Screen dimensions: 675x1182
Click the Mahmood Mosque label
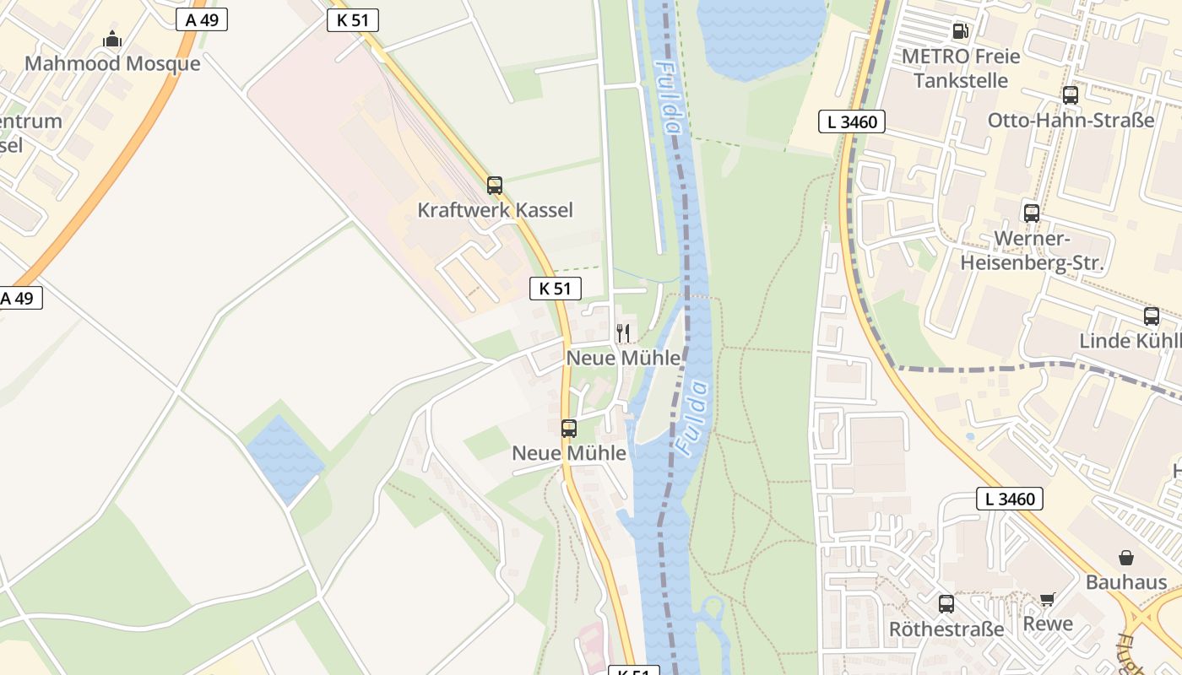112,64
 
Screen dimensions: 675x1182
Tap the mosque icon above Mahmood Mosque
112,39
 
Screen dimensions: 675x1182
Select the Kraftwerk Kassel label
495,210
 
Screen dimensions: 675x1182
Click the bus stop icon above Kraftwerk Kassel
495,186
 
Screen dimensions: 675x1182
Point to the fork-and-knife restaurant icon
623,332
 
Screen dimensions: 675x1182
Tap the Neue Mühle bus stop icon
569,429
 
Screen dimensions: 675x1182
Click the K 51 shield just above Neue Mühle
556,289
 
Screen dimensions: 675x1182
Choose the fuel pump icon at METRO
960,32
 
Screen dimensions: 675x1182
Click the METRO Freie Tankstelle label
961,68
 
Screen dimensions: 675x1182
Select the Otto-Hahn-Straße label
1071,120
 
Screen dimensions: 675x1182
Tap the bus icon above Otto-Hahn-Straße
1071,95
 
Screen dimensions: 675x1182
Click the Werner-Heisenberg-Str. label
1032,251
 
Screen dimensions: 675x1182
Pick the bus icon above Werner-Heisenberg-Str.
1032,213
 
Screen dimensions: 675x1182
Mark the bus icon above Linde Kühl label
1152,316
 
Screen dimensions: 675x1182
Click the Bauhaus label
1126,582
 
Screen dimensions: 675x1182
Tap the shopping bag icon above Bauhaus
1126,558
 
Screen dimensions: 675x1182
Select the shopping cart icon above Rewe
1048,599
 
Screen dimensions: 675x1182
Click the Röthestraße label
946,629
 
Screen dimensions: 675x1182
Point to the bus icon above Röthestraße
946,604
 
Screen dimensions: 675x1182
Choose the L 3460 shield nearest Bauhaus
1010,499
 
